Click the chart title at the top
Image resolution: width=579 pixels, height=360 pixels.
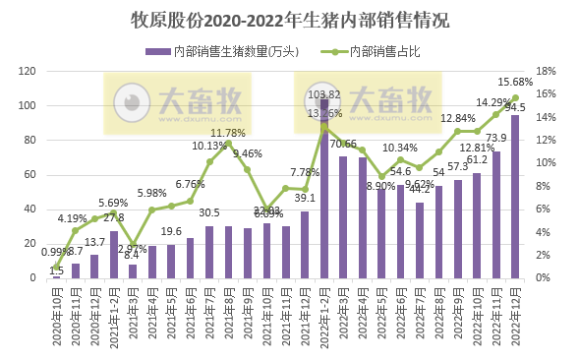coord(289,20)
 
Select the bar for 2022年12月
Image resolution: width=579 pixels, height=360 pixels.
coord(515,197)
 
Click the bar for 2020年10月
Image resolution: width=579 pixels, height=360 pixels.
coord(57,276)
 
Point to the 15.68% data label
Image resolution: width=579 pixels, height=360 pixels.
coord(517,82)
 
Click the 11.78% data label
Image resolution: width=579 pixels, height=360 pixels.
coord(228,133)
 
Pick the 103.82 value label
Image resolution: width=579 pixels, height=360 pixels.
coord(324,94)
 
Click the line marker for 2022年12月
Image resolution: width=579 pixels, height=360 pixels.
coord(515,98)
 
